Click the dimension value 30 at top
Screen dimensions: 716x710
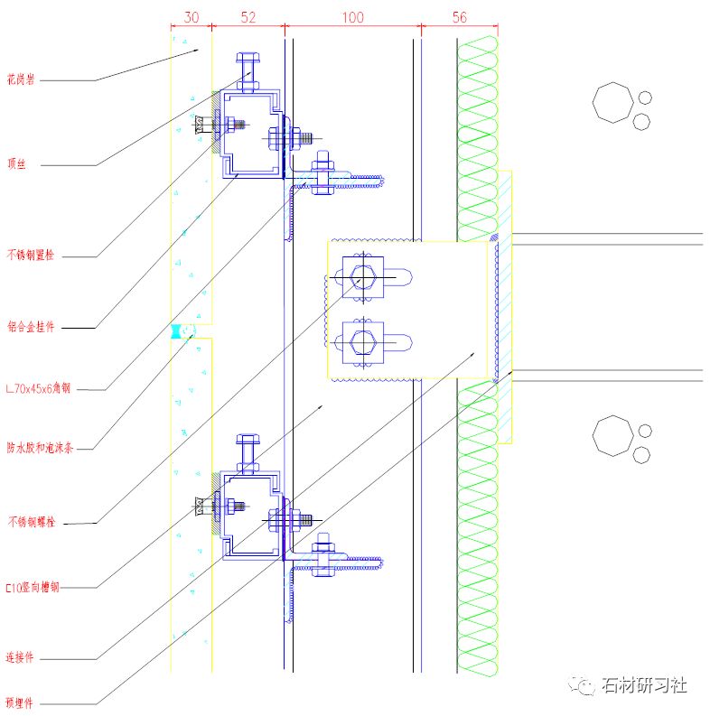191,17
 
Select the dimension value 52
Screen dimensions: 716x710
248,17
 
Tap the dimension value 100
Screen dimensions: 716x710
352,17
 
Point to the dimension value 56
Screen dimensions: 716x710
460,17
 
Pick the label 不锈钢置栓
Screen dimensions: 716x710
30,256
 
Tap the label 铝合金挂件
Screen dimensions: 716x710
30,327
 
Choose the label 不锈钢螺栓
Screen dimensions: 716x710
30,522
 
